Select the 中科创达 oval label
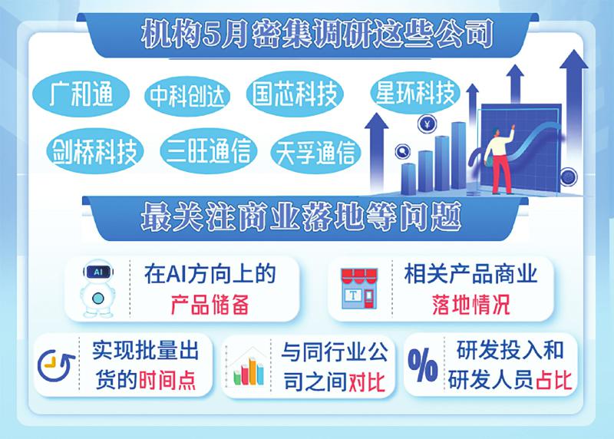pos(187,96)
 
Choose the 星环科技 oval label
pos(415,93)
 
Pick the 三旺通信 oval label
pos(208,150)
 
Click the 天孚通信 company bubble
pos(315,153)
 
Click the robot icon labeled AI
pos(97,287)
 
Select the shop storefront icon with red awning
pos(358,288)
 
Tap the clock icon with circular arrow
pos(55,365)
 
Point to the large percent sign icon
pos(423,365)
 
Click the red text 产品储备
pos(210,305)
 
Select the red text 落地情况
pos(471,305)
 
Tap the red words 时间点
pos(167,380)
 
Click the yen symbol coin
pos(427,124)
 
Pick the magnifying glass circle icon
pos(402,151)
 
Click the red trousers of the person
pos(501,173)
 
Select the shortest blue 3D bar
pos(408,179)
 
